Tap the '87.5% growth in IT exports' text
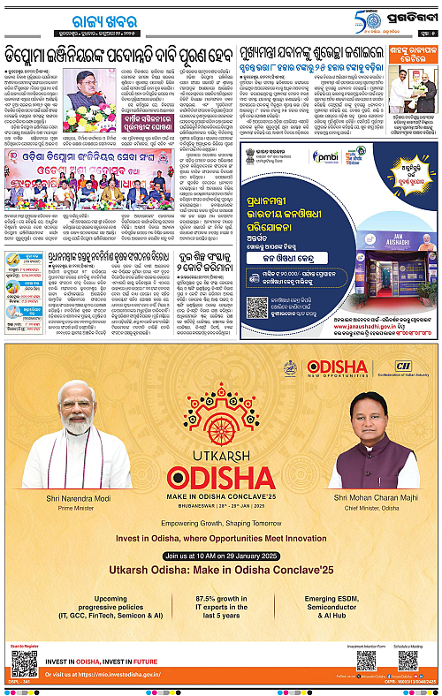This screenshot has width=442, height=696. pyautogui.click(x=220, y=610)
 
